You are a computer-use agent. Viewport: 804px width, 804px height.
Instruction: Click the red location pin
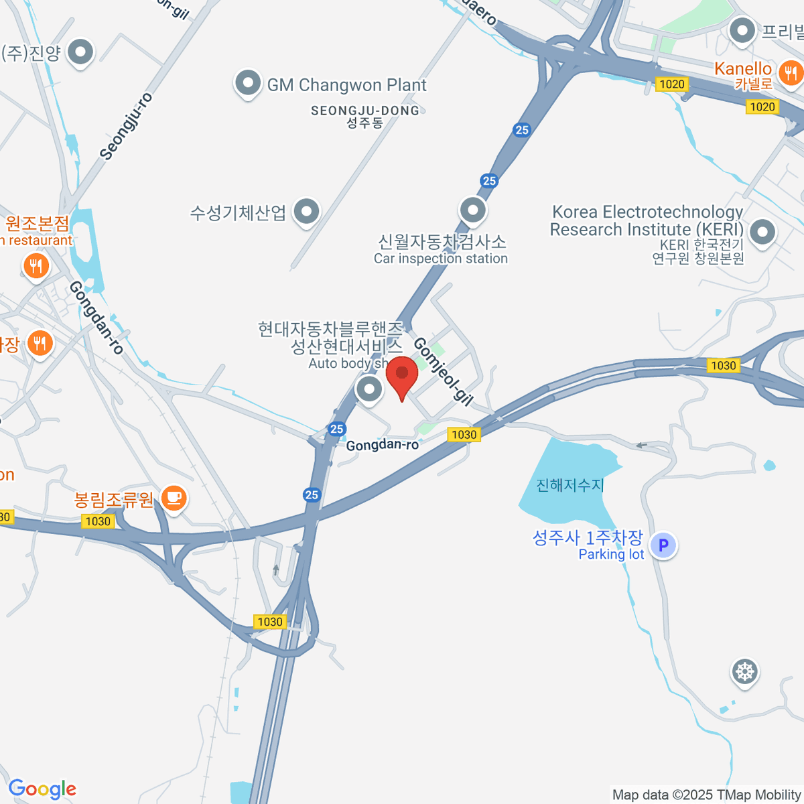402,375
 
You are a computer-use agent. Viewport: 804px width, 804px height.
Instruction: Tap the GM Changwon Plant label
346,85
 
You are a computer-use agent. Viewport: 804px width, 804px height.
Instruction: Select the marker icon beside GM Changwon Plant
248,84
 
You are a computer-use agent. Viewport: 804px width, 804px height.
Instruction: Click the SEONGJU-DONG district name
365,111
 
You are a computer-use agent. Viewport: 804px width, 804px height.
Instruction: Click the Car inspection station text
441,259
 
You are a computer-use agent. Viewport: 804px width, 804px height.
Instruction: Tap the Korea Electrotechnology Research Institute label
647,220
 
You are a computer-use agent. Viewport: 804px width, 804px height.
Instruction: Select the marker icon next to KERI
762,233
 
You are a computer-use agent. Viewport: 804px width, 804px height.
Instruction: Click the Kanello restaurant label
743,69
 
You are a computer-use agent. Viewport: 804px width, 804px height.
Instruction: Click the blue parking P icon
663,545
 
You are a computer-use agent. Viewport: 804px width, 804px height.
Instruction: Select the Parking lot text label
611,554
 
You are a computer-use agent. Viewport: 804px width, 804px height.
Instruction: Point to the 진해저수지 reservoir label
570,484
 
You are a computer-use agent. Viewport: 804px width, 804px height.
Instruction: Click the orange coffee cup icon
174,498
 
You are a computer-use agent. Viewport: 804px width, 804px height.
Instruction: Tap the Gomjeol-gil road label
443,371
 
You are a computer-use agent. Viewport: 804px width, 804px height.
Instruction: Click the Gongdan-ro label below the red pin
382,445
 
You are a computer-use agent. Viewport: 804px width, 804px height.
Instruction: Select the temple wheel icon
744,671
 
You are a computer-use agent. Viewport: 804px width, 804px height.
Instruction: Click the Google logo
42,789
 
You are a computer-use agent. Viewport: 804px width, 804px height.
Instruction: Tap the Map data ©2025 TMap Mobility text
707,795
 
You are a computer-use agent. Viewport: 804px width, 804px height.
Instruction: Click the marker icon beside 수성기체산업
307,212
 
